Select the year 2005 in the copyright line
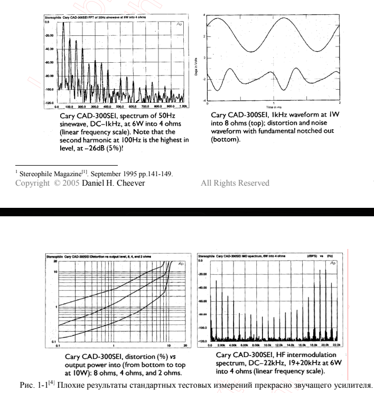(63, 183)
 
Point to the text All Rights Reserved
(235, 183)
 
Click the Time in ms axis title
(273, 106)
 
